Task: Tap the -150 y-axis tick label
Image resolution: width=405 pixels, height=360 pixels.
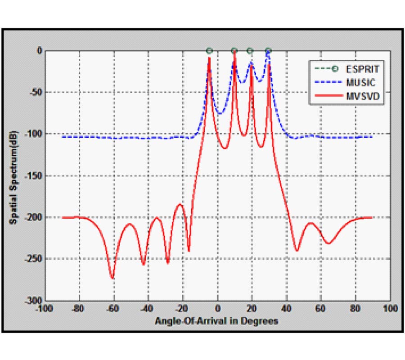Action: coord(35,176)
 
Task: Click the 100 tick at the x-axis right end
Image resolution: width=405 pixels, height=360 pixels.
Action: coord(390,309)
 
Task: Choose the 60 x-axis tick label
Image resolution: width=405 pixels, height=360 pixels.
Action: coord(321,309)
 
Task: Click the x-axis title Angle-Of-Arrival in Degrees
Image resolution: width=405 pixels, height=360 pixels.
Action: coord(216,321)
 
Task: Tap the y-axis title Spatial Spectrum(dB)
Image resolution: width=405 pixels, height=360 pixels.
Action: coord(15,175)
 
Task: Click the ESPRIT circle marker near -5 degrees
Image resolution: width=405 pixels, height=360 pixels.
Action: coord(209,51)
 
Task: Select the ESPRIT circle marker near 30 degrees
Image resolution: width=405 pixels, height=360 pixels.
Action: coord(268,51)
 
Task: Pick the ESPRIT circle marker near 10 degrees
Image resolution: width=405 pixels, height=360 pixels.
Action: coord(234,51)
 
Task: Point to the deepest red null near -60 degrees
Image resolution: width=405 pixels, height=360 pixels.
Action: coord(112,278)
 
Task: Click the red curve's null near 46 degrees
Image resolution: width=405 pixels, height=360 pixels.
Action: coord(297,250)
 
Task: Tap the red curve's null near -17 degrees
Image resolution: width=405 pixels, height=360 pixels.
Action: coord(189,250)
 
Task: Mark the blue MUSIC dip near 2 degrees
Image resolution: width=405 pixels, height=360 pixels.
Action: coord(220,113)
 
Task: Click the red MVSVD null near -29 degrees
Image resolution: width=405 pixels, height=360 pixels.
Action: coord(167,263)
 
